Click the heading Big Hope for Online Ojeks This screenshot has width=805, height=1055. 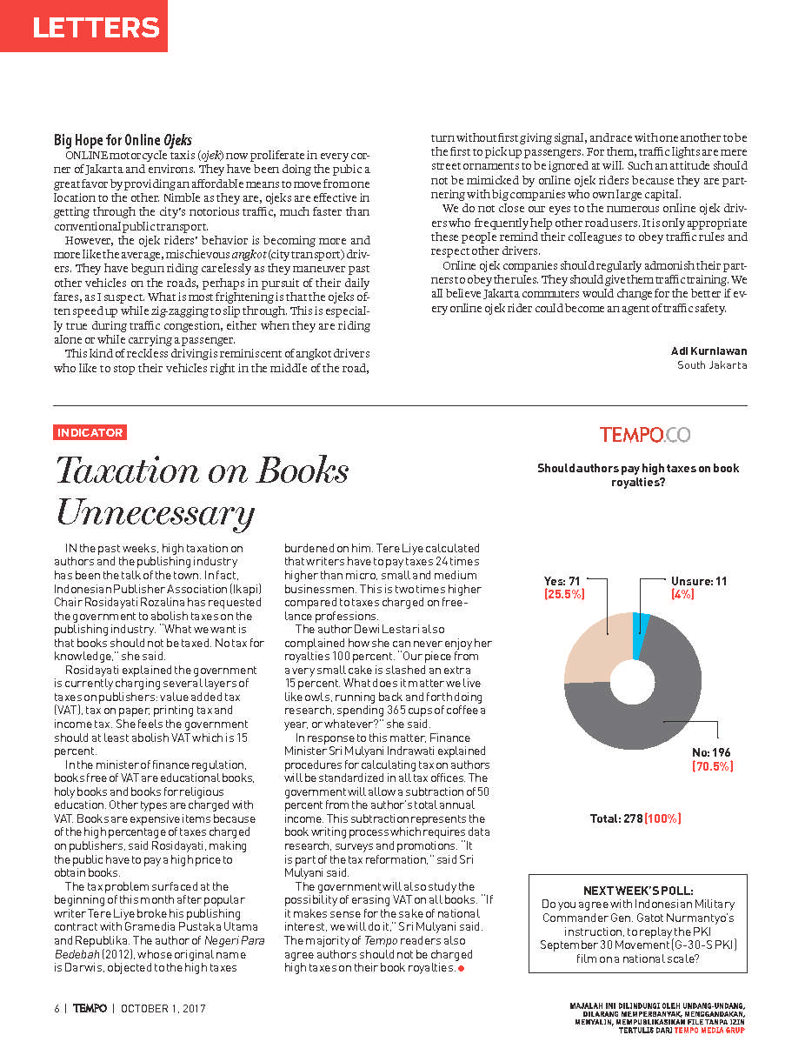(x=123, y=139)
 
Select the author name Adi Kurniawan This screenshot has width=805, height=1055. (x=709, y=351)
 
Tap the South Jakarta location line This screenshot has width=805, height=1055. (x=712, y=365)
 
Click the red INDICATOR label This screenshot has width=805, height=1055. (x=90, y=432)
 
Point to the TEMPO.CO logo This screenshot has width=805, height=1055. (x=644, y=435)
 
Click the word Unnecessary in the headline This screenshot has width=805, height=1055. (x=155, y=512)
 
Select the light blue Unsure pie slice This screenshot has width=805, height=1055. (x=642, y=623)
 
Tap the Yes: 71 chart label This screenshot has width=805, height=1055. (x=562, y=581)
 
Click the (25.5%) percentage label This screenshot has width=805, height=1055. (x=564, y=595)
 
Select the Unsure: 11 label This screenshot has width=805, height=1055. (x=699, y=581)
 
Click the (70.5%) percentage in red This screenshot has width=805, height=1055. (x=713, y=766)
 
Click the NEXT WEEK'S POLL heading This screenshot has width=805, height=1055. (x=638, y=891)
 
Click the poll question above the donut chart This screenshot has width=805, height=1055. (x=638, y=475)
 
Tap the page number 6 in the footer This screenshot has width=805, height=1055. (x=57, y=1009)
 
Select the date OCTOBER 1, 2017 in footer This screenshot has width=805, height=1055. (x=163, y=1009)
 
